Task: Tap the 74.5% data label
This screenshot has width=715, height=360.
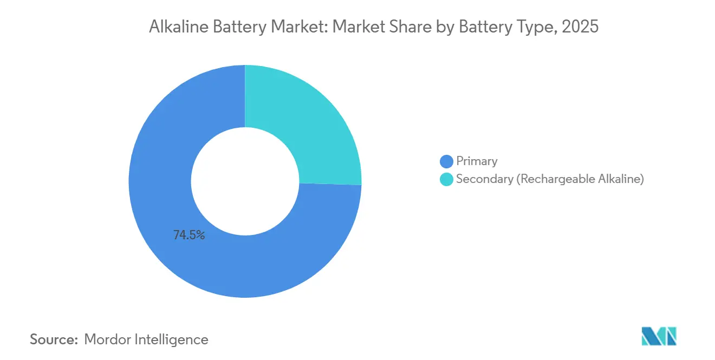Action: (189, 235)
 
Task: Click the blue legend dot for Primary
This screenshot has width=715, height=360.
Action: (446, 161)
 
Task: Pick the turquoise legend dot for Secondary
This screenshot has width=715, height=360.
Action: (446, 180)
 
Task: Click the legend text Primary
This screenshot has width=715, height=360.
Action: (477, 161)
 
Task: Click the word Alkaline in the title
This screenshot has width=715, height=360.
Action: (178, 27)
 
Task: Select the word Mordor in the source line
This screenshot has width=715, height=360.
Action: (108, 339)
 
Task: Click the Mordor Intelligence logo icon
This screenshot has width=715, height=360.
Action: (659, 336)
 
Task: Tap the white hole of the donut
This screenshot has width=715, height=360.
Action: (245, 181)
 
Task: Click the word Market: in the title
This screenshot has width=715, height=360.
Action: (300, 27)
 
